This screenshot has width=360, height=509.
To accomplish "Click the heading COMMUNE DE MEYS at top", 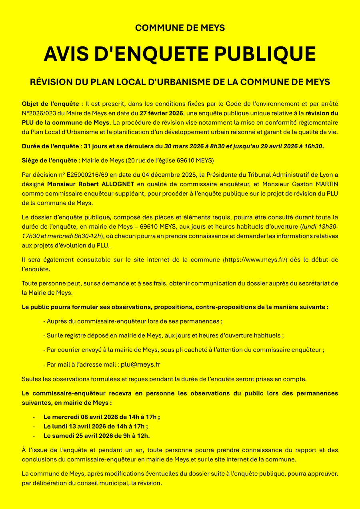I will (x=180, y=28).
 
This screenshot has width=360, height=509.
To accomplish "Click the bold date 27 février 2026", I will (x=161, y=113).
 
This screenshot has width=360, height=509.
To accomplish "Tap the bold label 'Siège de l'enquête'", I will (x=50, y=161).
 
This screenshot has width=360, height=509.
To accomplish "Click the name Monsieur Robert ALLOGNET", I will (x=92, y=184).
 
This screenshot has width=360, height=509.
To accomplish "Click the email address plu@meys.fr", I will (x=140, y=365).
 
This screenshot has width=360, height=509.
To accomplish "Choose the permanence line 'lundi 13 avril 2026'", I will (x=96, y=426).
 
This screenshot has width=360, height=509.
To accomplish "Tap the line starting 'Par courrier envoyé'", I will (x=183, y=350).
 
